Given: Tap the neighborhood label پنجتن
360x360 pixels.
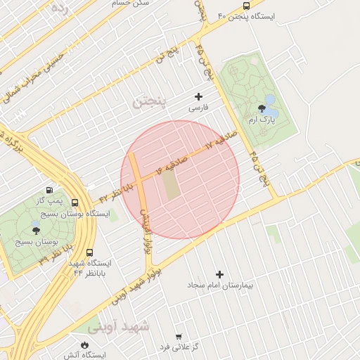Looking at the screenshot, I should (x=150, y=103).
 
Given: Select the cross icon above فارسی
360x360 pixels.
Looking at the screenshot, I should (x=198, y=96).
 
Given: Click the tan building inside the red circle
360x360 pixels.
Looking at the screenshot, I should (x=171, y=186).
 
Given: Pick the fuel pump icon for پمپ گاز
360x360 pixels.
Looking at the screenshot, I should (x=49, y=190).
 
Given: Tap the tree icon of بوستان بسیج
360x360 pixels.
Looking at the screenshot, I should (x=35, y=229).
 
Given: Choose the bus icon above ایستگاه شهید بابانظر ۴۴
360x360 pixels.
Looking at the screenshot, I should (x=89, y=252).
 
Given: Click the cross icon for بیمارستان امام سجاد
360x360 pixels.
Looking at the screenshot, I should (x=219, y=274).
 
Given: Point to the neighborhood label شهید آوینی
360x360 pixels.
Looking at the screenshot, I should (x=119, y=327).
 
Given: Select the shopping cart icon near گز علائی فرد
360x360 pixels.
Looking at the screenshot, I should (x=179, y=336).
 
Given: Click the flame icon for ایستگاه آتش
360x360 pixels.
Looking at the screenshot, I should (x=85, y=345).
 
